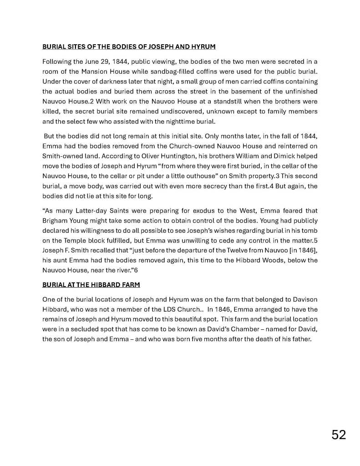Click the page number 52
(x=339, y=435)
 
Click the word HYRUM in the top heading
(x=203, y=47)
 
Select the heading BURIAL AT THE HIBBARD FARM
(x=91, y=285)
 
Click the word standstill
(x=214, y=101)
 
